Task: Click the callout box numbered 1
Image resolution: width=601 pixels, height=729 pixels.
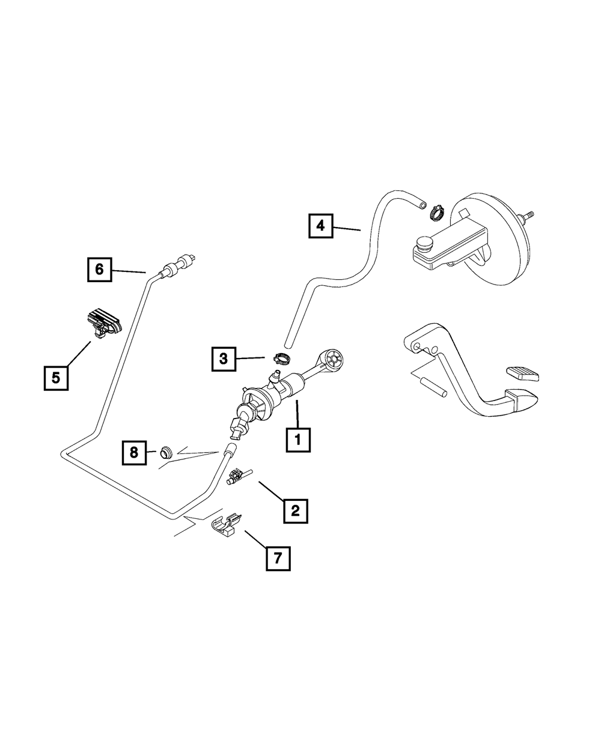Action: tap(298, 440)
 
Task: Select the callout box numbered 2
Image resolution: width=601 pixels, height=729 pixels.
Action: tap(295, 510)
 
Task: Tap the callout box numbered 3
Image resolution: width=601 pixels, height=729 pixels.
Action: tap(223, 359)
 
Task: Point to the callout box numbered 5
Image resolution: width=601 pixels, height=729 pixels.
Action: tap(56, 378)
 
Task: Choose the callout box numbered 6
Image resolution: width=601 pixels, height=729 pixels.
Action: tap(99, 270)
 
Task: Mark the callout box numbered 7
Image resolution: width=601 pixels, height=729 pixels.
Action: tap(278, 558)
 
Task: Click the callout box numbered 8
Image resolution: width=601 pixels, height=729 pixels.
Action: tap(134, 452)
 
